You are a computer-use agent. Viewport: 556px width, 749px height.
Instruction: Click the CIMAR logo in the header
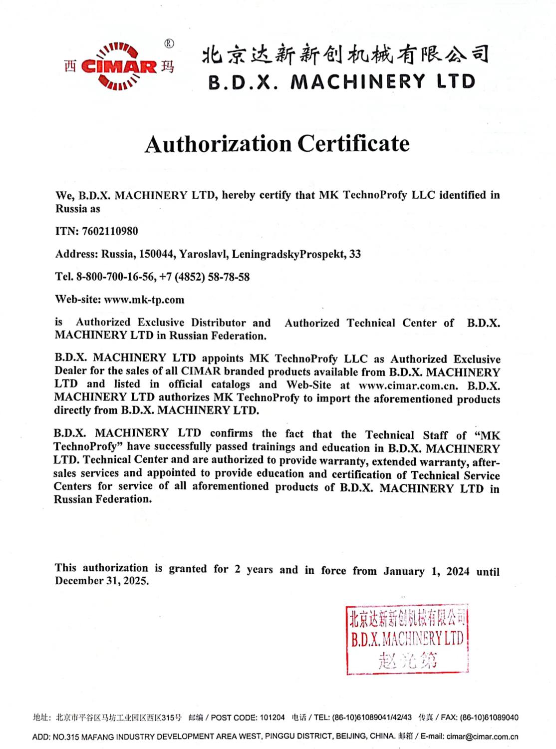tap(119, 67)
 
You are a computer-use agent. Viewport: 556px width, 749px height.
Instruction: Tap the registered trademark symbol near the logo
tap(169, 44)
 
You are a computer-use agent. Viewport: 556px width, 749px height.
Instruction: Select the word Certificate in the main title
tap(353, 144)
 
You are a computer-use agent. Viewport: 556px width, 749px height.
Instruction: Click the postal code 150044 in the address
tap(157, 254)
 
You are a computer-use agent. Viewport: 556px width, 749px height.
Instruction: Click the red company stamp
tap(407, 640)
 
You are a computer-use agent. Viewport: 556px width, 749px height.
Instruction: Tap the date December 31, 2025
tap(102, 581)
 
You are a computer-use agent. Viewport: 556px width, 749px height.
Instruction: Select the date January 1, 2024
tap(426, 571)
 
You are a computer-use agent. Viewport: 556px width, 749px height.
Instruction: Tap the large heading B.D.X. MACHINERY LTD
tap(342, 82)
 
